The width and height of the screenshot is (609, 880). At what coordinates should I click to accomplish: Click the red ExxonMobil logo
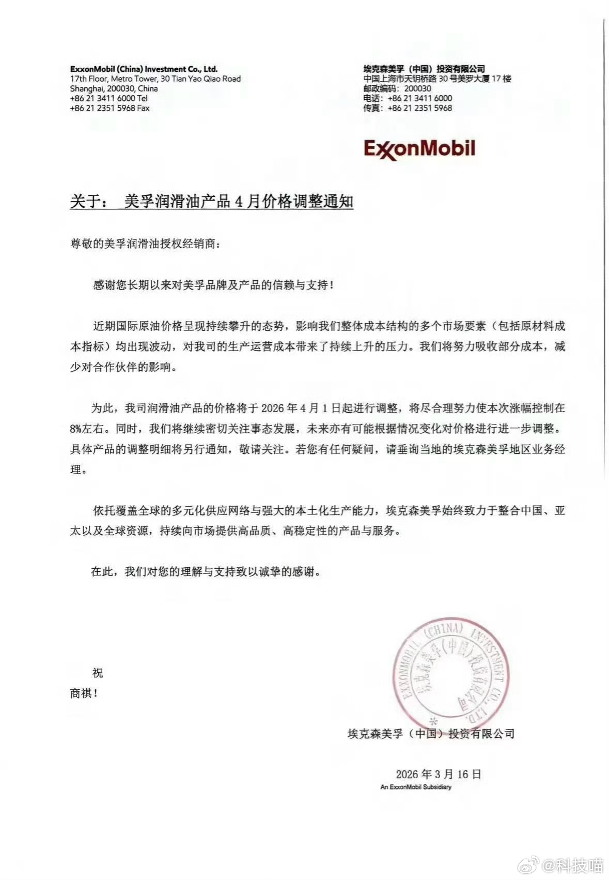(x=419, y=148)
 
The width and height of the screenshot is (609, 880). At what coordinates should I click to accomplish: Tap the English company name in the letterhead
(x=144, y=69)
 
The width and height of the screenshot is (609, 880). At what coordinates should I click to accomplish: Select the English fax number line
(x=110, y=108)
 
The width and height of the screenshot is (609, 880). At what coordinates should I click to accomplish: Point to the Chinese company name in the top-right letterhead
(x=424, y=69)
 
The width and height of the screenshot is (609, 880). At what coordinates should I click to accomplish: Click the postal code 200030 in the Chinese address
(x=418, y=88)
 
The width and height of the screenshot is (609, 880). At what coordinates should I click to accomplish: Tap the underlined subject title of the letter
(x=211, y=201)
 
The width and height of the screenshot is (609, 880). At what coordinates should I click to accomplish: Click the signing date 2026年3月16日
(x=439, y=774)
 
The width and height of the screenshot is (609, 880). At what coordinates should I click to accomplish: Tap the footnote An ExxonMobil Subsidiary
(x=415, y=787)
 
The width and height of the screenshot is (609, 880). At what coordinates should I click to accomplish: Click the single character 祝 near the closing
(x=97, y=673)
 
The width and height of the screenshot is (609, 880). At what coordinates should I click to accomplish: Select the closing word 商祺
(x=84, y=693)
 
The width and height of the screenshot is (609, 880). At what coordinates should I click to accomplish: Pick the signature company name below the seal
(x=431, y=733)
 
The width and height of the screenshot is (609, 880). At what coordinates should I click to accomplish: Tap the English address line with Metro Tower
(x=155, y=79)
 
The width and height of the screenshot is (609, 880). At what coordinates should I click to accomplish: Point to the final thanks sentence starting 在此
(x=206, y=572)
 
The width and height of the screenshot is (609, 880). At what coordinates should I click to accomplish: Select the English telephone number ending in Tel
(x=108, y=98)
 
